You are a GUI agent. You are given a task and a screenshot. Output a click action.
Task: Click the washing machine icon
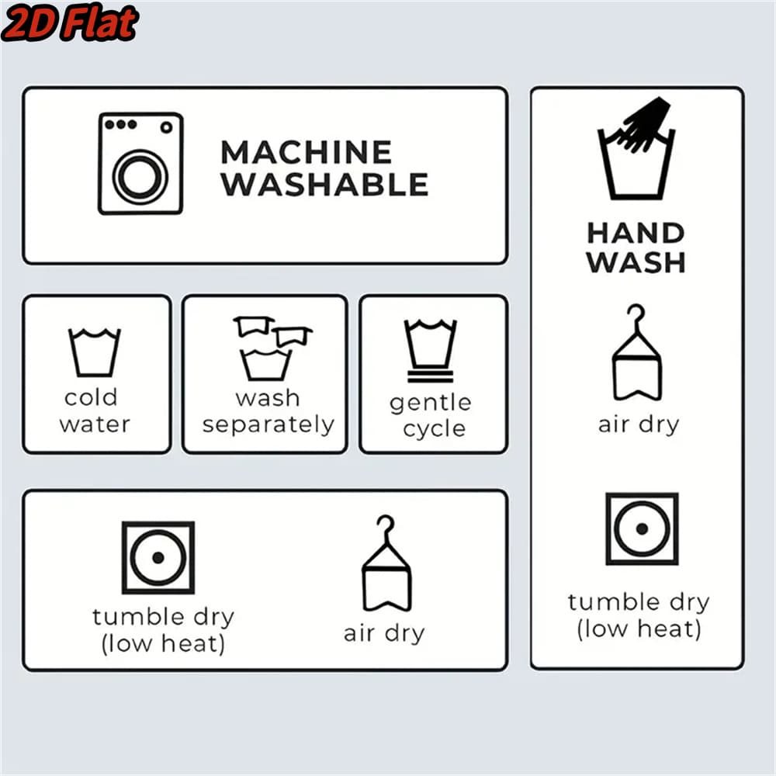(x=140, y=164)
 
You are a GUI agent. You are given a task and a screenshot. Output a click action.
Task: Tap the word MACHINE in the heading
(x=307, y=152)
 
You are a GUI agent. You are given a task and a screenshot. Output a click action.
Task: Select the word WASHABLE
(x=324, y=185)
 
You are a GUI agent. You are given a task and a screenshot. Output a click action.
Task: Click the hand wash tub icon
(x=636, y=148)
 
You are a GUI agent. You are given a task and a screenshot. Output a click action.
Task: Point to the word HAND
(x=636, y=233)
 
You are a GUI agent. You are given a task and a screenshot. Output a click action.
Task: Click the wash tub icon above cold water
(x=94, y=352)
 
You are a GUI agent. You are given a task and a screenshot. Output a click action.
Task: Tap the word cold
(x=91, y=397)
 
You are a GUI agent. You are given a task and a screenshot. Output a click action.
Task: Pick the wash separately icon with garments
(x=271, y=348)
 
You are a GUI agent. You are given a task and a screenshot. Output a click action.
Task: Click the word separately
(x=268, y=425)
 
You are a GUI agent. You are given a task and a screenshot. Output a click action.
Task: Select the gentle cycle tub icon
(x=430, y=351)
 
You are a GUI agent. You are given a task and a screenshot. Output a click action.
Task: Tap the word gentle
(x=430, y=404)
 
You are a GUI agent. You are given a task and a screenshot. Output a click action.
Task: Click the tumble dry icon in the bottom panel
(x=158, y=557)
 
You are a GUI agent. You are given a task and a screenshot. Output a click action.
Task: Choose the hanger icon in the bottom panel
(x=386, y=563)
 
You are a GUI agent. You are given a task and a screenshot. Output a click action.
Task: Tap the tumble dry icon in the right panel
(x=642, y=528)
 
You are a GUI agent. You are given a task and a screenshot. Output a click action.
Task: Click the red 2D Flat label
(x=71, y=23)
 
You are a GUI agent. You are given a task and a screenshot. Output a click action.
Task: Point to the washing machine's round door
(x=140, y=177)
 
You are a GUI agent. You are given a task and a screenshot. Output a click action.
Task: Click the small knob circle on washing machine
(x=166, y=127)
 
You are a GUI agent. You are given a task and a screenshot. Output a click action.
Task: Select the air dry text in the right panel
(x=639, y=424)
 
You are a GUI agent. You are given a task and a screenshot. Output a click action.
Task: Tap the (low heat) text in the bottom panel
(x=163, y=644)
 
